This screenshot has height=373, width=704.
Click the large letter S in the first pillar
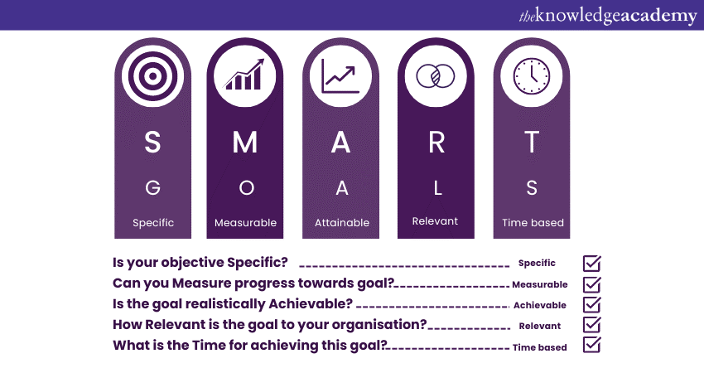(152, 143)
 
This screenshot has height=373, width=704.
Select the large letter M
(245, 143)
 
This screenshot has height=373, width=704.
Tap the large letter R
(436, 143)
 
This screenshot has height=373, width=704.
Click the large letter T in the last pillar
(532, 143)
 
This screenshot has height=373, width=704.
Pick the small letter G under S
(152, 188)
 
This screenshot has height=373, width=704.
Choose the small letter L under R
(436, 188)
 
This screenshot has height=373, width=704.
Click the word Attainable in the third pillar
(341, 223)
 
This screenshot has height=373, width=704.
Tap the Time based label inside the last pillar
(533, 223)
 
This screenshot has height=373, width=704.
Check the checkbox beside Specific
(592, 264)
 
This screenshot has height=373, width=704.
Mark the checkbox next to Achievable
(592, 304)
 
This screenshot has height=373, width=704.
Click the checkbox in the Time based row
(592, 345)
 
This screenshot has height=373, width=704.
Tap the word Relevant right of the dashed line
(539, 326)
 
